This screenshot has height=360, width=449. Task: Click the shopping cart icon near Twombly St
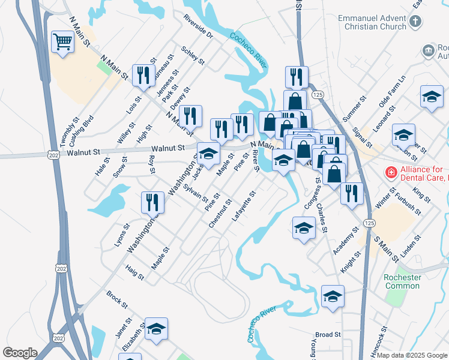(x=62, y=42)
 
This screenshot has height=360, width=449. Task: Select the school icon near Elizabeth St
(x=156, y=328)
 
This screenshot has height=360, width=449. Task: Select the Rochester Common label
(x=402, y=281)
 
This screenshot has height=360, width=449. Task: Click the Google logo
(x=20, y=352)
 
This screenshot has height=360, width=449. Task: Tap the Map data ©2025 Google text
(x=412, y=355)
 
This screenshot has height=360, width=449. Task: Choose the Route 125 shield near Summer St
(x=318, y=95)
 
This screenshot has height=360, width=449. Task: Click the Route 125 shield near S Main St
(x=370, y=223)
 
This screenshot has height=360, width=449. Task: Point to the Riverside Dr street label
(x=199, y=26)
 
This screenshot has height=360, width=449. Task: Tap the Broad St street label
(x=328, y=334)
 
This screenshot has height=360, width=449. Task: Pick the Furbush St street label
(x=409, y=202)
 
